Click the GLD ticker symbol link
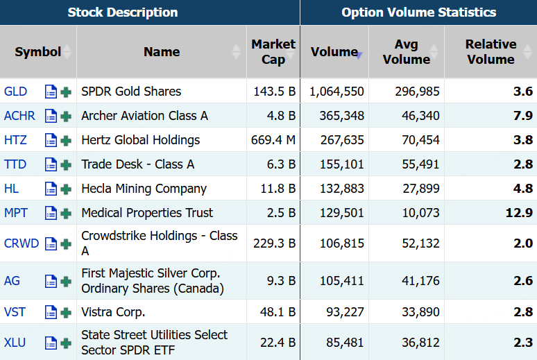pyautogui.click(x=15, y=92)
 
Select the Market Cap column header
pyautogui.click(x=273, y=52)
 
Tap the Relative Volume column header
pyautogui.click(x=491, y=52)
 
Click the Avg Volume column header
pyautogui.click(x=406, y=52)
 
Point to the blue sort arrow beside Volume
pyautogui.click(x=359, y=55)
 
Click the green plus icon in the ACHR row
pyautogui.click(x=66, y=117)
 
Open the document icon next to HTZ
pyautogui.click(x=51, y=140)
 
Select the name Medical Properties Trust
pyautogui.click(x=147, y=213)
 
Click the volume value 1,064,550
pyautogui.click(x=336, y=92)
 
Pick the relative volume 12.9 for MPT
pyautogui.click(x=519, y=213)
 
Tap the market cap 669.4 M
pyautogui.click(x=273, y=140)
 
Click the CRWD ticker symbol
pyautogui.click(x=22, y=243)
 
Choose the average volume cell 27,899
pyautogui.click(x=421, y=189)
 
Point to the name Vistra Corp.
pyautogui.click(x=113, y=312)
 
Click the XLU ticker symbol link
pyautogui.click(x=15, y=343)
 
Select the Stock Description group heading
pyautogui.click(x=123, y=12)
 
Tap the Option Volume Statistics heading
pyautogui.click(x=418, y=12)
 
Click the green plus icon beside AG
pyautogui.click(x=66, y=282)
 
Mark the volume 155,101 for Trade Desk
pyautogui.click(x=342, y=164)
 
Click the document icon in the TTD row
pyautogui.click(x=51, y=164)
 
